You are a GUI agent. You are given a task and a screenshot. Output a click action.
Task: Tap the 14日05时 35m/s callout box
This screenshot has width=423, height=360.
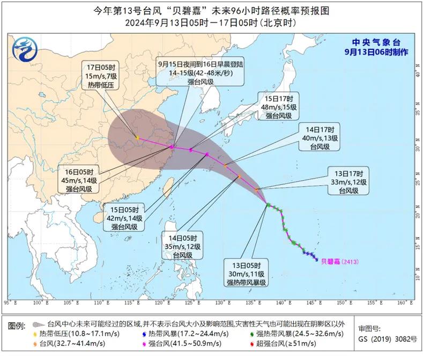(x=183, y=247)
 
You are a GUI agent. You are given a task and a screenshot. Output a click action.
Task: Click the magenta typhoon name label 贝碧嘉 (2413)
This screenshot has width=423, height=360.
(x=339, y=262)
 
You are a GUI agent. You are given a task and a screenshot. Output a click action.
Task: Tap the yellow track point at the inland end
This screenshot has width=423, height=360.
(x=138, y=138)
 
